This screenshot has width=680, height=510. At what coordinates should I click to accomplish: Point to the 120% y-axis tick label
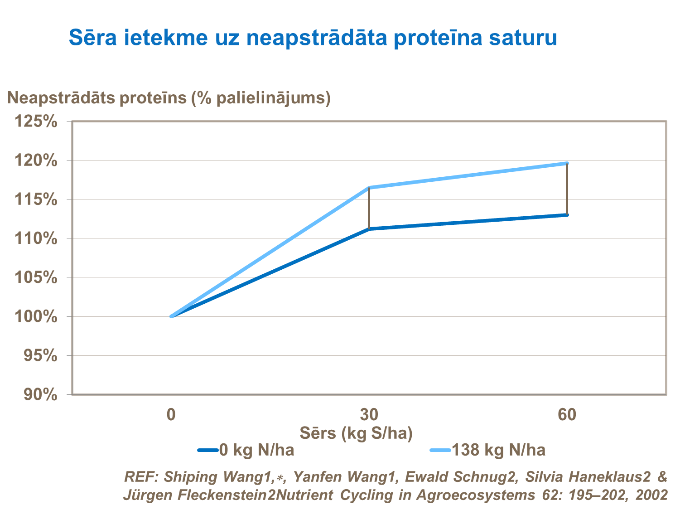(36, 160)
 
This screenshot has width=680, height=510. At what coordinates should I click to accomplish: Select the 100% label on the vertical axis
(36, 316)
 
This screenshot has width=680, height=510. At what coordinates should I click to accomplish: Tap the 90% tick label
(40, 395)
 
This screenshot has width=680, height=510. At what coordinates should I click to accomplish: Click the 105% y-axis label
(36, 277)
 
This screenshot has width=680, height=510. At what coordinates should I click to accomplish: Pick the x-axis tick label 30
(369, 414)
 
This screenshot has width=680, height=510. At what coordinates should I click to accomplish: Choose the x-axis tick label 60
(567, 414)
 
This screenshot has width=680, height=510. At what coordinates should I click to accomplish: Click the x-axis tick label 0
(171, 414)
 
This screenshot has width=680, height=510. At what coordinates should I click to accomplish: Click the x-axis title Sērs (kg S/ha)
(356, 433)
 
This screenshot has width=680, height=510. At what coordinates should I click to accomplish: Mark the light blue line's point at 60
(567, 163)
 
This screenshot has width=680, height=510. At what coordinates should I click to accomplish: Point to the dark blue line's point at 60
(567, 215)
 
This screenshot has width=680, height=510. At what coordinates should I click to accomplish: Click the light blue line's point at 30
(369, 188)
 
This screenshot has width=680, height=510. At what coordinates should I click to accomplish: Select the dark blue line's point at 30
(369, 229)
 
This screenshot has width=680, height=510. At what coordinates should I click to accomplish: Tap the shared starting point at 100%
(171, 316)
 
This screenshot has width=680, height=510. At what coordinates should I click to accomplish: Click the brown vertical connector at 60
(567, 189)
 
